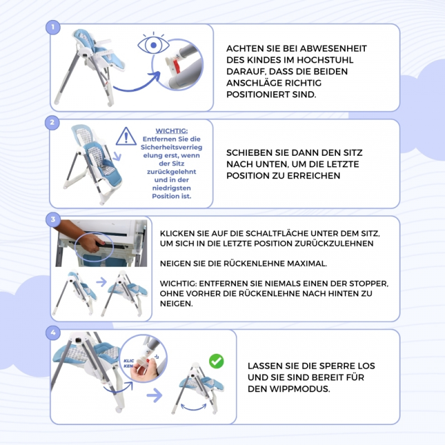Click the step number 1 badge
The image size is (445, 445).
click(53, 27)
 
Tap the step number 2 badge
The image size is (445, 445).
click(52, 122)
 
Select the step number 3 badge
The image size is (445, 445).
click(53, 219)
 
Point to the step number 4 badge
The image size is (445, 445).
click(53, 333)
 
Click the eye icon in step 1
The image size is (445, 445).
click(154, 44)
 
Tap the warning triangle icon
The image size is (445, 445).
click(126, 136)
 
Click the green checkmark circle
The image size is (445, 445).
click(216, 361)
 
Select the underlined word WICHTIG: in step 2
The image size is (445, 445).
click(171, 131)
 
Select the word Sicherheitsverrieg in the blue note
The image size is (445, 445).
click(171, 147)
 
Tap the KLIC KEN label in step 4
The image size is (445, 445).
click(128, 363)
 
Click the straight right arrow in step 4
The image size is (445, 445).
click(155, 395)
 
